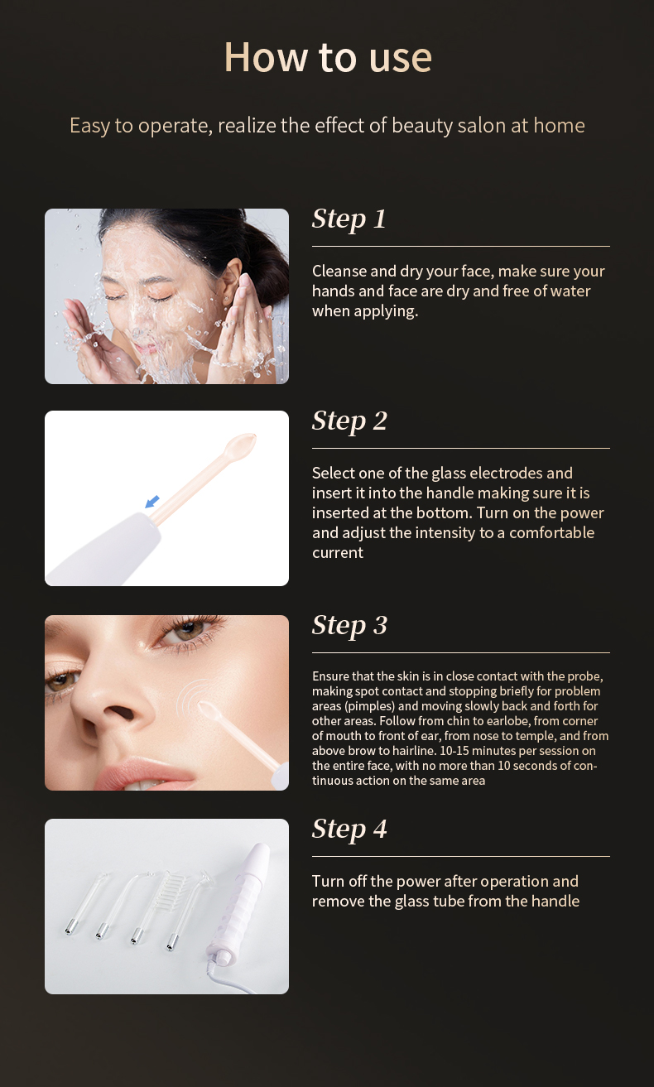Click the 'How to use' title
pos(328,57)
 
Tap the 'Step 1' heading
pos(349,219)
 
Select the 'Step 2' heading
pos(349,421)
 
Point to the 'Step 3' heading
pos(349,625)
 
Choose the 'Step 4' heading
pos(349,829)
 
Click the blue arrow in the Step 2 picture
pos(152,502)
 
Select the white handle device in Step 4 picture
pos(238,907)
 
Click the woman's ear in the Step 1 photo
pos(233,281)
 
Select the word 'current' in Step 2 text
pos(338,553)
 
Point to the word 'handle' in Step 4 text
pos(555,902)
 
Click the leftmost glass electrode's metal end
pos(69,928)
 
